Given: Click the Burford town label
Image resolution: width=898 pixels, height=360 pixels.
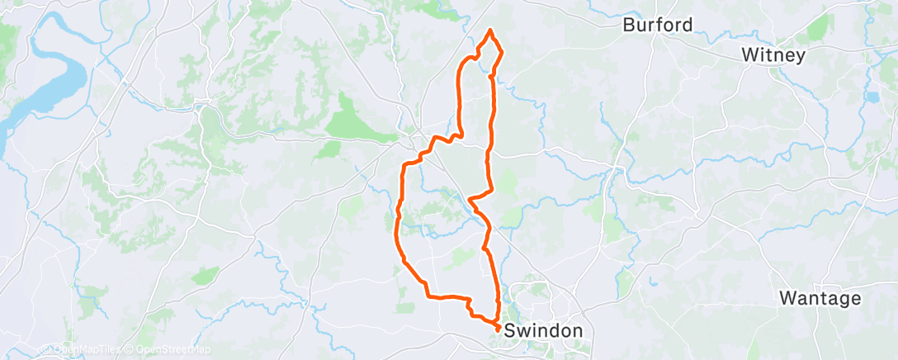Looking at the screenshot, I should point(657,25).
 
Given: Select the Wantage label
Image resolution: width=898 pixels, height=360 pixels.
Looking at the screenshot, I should point(820,298).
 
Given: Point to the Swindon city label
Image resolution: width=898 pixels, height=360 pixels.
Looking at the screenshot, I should point(543,330).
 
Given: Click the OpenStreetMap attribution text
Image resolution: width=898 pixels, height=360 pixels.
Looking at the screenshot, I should point(171,349).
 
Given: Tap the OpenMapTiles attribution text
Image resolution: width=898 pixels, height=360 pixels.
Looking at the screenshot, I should point(86,349).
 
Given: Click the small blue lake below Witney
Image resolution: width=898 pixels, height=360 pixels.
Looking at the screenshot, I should point(873,97).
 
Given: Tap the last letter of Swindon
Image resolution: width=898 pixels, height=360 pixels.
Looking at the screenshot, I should point(577,330).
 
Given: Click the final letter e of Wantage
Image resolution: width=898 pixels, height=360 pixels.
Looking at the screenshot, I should point(855,298).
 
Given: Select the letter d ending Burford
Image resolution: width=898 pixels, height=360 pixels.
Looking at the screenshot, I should point(687,25).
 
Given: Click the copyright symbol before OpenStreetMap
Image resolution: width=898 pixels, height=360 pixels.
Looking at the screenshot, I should point(129,349).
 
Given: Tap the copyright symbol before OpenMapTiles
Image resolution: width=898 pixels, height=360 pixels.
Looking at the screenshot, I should point(48,349).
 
